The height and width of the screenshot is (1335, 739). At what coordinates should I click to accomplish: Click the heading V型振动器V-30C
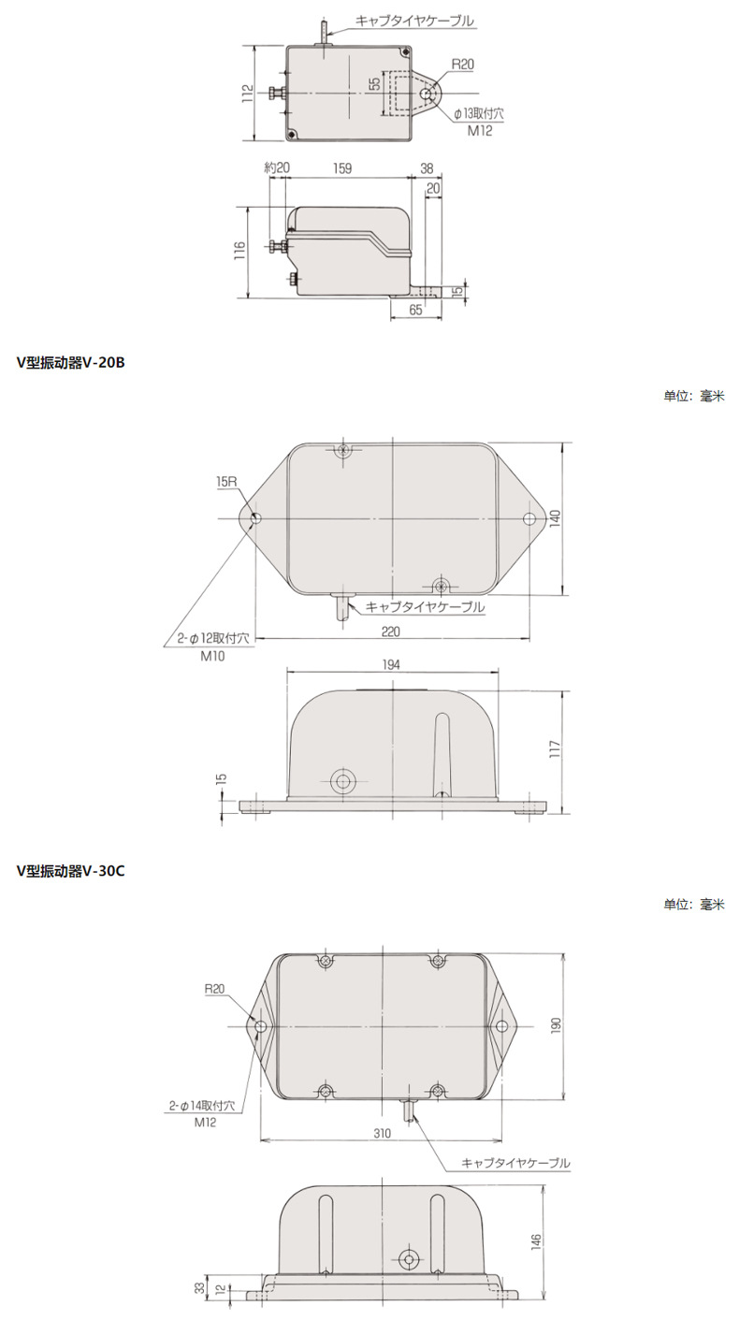tap(70, 871)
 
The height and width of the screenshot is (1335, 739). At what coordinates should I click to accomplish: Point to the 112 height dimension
tap(246, 94)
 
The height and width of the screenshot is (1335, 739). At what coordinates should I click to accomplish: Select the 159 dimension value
tap(342, 169)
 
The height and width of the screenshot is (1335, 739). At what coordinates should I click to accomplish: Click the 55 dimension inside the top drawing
tap(374, 83)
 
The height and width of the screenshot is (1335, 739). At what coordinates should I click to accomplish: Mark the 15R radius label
tap(226, 481)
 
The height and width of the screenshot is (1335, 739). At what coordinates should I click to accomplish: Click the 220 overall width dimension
tap(391, 631)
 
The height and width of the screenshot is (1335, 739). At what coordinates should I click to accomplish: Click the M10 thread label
tap(211, 656)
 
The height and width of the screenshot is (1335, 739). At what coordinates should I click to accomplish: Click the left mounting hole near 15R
tap(256, 519)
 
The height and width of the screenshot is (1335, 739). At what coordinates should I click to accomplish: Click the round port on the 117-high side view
tap(343, 781)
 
